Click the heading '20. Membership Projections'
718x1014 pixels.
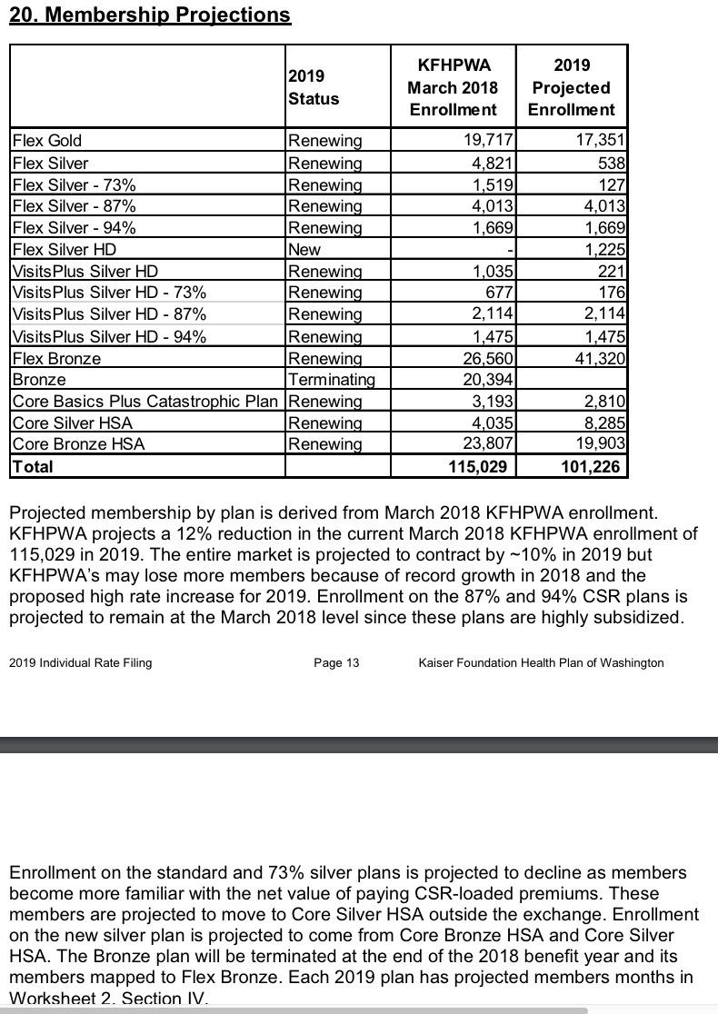pos(150,15)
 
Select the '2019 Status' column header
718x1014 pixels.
pos(314,87)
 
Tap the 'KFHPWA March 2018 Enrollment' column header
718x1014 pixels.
pos(453,87)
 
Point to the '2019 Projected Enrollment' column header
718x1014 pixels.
pos(571,87)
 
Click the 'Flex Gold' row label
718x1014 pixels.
pos(47,141)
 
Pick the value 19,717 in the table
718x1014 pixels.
pos(488,141)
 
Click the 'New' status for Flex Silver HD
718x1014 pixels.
pos(304,249)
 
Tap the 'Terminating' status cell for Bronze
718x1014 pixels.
pos(331,380)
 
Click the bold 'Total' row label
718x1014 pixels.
pos(33,467)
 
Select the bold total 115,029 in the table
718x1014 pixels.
pos(479,467)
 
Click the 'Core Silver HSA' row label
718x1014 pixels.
pos(73,423)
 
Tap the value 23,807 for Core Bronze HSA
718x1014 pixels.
pos(488,444)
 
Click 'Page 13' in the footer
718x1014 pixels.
pos(336,662)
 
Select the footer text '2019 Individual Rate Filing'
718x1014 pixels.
pos(81,662)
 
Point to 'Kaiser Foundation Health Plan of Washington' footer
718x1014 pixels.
pos(541,662)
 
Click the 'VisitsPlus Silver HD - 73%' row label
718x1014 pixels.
pos(109,293)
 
